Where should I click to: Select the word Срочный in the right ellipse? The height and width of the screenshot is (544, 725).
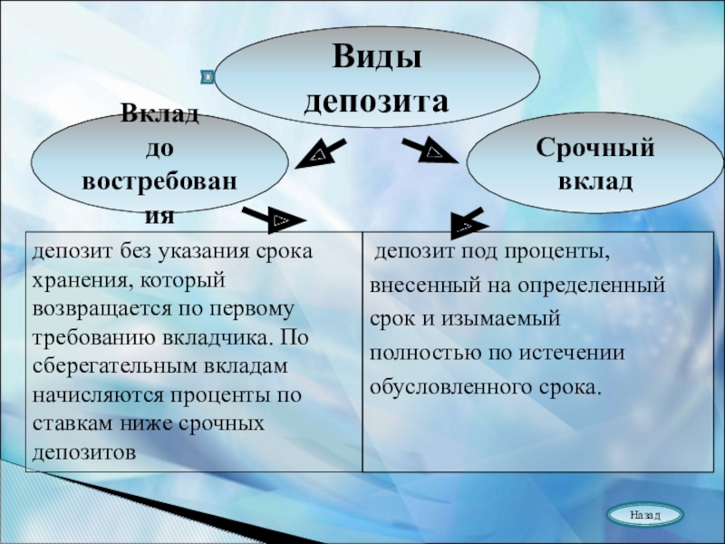coord(594,147)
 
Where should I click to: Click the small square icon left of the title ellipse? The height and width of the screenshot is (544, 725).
coord(208,77)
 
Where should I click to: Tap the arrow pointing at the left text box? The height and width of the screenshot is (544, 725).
coord(275,219)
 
